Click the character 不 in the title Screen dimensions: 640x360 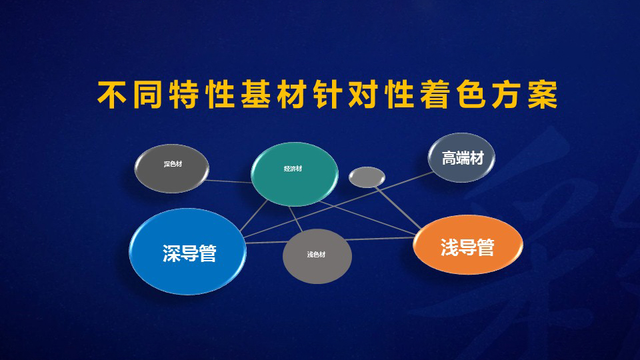tap(112, 95)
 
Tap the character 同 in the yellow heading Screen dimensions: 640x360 tap(147, 95)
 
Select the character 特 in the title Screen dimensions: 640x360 tap(184, 95)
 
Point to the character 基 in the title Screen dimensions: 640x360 tap(255, 95)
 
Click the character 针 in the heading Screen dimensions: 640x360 tap(328, 95)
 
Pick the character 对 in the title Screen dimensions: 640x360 tap(363, 95)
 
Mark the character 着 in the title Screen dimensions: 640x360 tap(435, 95)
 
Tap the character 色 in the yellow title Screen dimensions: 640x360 tap(471, 95)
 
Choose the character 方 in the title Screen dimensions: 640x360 tap(507, 95)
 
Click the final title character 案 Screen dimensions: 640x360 tap(543, 95)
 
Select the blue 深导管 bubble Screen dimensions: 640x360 tap(188, 251)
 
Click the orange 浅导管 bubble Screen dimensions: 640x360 tap(468, 245)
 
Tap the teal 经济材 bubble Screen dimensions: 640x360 tap(294, 174)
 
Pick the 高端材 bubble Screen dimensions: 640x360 tap(461, 157)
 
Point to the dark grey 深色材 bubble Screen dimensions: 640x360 tap(172, 168)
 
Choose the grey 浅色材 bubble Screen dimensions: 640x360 tap(317, 256)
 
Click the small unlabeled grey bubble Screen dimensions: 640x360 tap(367, 177)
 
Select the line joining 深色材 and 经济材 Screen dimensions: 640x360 tap(229, 181)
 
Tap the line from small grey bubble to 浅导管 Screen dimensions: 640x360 tap(398, 208)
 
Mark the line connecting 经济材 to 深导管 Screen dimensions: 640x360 tap(253, 215)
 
